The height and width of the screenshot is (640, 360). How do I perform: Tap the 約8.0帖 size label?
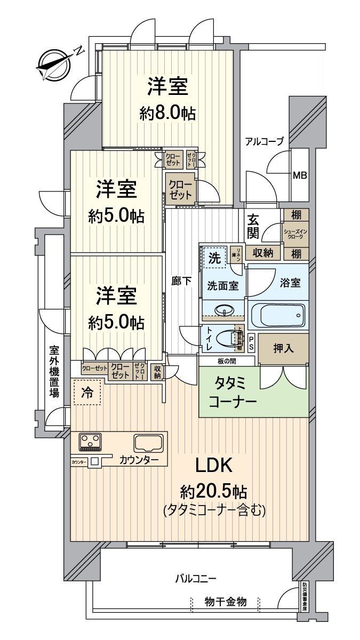[x=167, y=113]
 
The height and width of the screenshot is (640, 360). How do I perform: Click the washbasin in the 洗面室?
[x=223, y=309]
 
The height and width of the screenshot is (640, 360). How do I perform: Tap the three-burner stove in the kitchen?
[x=91, y=441]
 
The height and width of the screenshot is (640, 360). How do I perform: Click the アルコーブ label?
[x=264, y=141]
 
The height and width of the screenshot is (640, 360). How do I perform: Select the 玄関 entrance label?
[x=253, y=226]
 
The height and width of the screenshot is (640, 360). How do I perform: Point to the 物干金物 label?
[x=226, y=602]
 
